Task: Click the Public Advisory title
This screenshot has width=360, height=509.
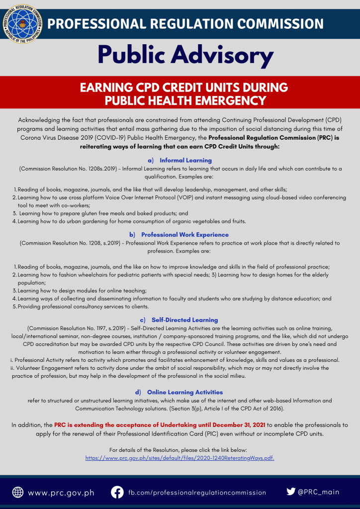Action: coord(185,55)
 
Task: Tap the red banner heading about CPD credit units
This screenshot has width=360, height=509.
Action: coord(184,94)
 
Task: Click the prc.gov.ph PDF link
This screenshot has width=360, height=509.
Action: coord(180,458)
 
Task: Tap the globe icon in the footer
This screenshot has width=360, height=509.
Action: coord(18,492)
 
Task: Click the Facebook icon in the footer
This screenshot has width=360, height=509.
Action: coord(117,492)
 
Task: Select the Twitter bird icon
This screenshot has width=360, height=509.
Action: coord(291,492)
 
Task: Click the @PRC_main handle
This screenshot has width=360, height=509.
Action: coord(319,492)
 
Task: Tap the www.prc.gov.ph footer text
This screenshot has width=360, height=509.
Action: coord(61,493)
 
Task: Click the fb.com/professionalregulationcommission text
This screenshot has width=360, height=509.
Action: coord(197,493)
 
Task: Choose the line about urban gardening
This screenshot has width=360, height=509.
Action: coord(132,221)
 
